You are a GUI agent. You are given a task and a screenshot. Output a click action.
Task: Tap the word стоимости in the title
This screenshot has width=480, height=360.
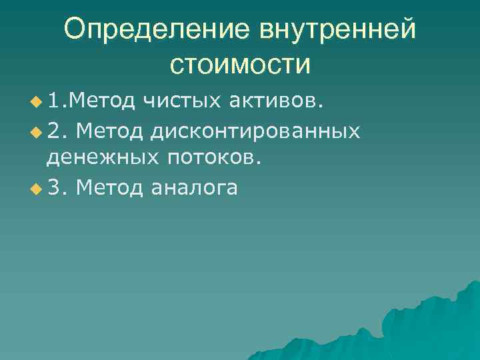click(x=240, y=65)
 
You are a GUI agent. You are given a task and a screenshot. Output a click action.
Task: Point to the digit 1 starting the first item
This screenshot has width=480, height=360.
click(x=53, y=101)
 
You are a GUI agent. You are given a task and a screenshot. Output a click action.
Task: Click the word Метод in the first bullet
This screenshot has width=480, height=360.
click(x=101, y=101)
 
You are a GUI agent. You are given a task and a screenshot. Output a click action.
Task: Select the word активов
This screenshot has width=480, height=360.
click(x=276, y=101)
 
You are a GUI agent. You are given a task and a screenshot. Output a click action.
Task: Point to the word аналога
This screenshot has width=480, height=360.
click(x=194, y=188)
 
